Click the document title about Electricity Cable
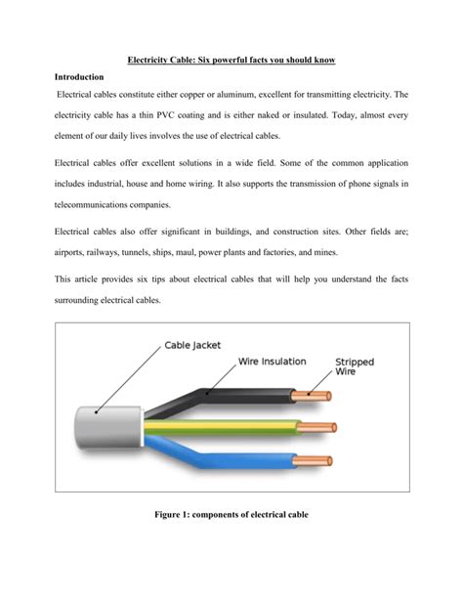(231, 61)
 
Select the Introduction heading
(79, 76)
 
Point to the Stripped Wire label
(358, 366)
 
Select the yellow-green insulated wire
(234, 427)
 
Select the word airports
(73, 252)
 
